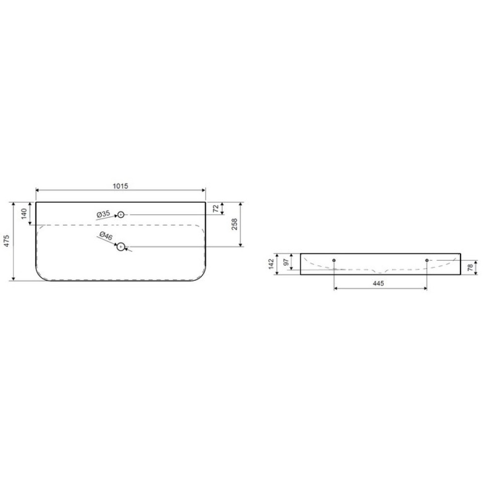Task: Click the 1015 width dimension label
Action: pos(121,186)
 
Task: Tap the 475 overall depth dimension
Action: pos(7,241)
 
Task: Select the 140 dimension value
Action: pos(24,213)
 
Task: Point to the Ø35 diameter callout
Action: pos(103,213)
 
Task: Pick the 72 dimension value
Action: pos(216,208)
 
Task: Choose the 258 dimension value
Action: pos(234,224)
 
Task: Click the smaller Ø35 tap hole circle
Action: pos(121,214)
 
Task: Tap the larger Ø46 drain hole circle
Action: pos(121,247)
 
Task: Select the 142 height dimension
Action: pos(271,264)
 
